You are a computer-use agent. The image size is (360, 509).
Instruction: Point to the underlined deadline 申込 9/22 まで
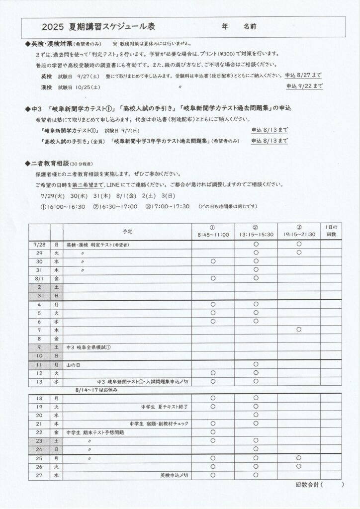(304, 86)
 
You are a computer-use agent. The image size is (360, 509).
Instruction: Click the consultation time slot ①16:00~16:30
(63, 206)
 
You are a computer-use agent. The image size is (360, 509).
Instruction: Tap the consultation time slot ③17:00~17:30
(168, 206)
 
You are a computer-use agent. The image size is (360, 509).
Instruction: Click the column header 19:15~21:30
(298, 234)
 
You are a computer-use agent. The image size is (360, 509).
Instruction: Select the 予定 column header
(127, 231)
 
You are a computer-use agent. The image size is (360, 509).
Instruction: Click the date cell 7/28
(39, 245)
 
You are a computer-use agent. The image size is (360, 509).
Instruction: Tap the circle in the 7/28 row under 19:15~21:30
(298, 245)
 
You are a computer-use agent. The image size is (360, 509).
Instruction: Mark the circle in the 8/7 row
(298, 330)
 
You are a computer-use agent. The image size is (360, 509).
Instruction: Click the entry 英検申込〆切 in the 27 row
(174, 475)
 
